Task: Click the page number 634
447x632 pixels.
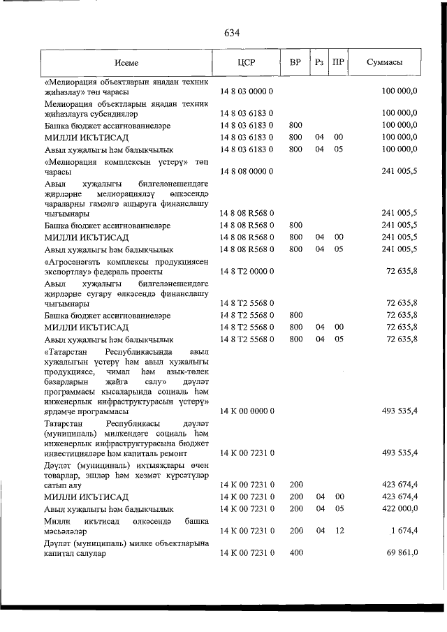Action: tap(233, 33)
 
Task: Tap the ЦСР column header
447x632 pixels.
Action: tap(247, 62)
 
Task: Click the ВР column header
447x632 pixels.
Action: tap(295, 62)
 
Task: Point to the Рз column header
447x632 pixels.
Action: tap(319, 62)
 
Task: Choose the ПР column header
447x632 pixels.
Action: tap(339, 62)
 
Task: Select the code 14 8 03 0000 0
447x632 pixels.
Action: tap(247, 91)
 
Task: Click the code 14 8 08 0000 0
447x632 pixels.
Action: tap(247, 171)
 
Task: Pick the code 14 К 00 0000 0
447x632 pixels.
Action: tap(247, 411)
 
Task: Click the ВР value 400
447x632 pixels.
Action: tap(295, 553)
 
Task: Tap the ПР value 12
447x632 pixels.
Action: tap(339, 531)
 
